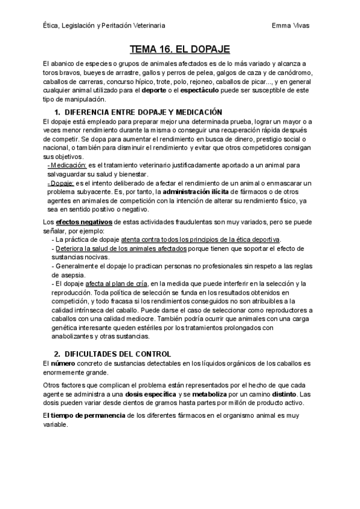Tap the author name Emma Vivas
(291, 26)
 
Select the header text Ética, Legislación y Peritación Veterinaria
(105, 26)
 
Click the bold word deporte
(155, 90)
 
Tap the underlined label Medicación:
(67, 164)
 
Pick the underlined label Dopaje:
(62, 182)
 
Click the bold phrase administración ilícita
(196, 191)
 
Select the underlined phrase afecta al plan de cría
(115, 283)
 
